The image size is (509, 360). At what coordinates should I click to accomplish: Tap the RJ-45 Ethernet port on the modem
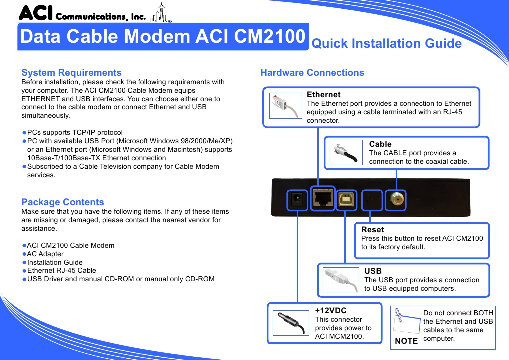(x=323, y=199)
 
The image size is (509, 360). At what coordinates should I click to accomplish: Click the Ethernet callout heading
(x=323, y=95)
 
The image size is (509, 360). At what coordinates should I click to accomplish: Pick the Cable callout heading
(x=380, y=144)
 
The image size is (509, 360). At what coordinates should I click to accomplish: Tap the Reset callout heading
(x=372, y=230)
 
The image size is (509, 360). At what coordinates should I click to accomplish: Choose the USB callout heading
(x=373, y=271)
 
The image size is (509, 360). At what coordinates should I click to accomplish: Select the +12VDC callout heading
(x=331, y=310)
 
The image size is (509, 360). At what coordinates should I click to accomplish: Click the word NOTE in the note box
(x=406, y=341)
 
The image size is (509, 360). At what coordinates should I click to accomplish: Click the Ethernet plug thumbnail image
(x=286, y=106)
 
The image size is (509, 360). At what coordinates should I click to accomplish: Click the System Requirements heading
(x=71, y=73)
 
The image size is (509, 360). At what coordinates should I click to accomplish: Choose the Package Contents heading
(x=63, y=202)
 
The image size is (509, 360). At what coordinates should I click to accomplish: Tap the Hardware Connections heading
(x=312, y=73)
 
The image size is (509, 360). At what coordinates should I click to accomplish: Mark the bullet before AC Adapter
(x=24, y=254)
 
